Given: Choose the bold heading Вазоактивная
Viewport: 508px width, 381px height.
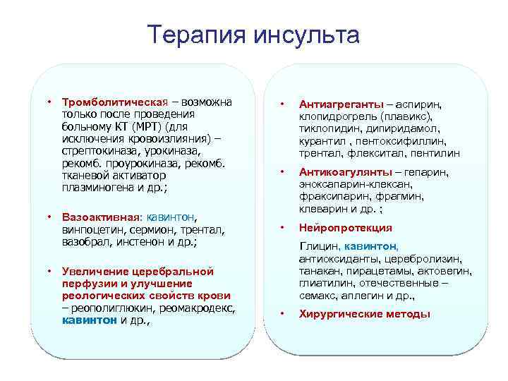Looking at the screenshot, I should click(99, 217).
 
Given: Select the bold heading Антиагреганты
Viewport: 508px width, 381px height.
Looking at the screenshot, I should click(341, 104).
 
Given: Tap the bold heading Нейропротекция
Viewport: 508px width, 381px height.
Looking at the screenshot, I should click(346, 228).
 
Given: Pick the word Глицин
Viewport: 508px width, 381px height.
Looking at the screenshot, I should click(320, 246).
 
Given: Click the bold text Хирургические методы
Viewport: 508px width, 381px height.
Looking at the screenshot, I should click(365, 314).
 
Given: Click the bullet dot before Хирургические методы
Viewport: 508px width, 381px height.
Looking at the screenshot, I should click(282, 314).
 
